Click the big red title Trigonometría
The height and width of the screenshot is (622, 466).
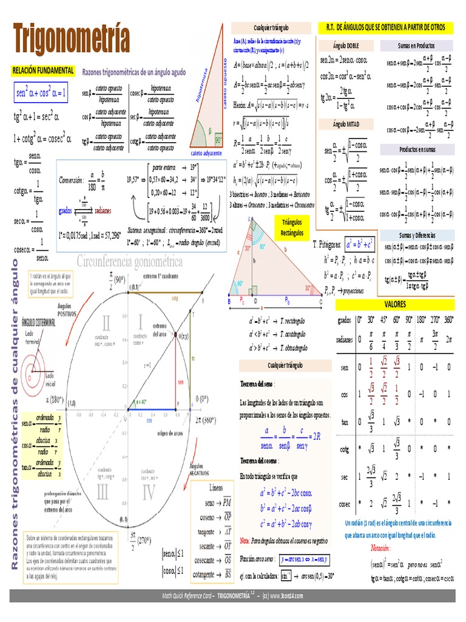(72, 38)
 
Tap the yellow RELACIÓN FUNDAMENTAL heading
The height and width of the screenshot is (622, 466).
(43, 70)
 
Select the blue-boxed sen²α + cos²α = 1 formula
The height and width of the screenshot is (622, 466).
(41, 92)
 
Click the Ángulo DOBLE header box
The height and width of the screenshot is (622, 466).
(347, 46)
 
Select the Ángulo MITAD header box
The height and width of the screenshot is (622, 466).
(347, 124)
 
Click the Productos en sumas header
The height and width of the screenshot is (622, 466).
(417, 149)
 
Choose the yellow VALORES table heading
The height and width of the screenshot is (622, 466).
(395, 303)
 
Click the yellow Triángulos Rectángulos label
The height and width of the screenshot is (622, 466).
(292, 227)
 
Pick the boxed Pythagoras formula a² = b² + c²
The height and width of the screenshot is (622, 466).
(360, 245)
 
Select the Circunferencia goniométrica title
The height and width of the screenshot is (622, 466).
(129, 262)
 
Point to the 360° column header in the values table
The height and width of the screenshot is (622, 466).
(448, 319)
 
